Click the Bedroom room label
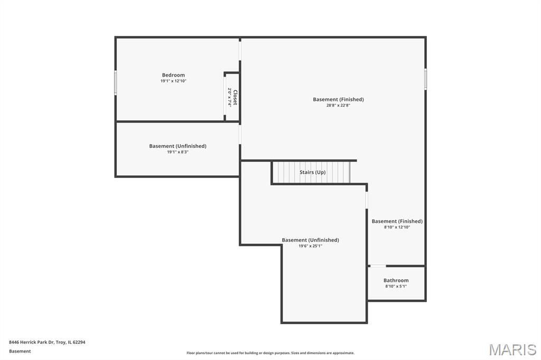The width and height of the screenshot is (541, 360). pos(173,75)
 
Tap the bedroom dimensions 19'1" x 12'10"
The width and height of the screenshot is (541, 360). pos(173,81)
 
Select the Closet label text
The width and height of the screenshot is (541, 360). pos(235,98)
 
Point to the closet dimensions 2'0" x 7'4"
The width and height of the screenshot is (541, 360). pos(229,97)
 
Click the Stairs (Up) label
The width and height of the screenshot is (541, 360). pos(312,172)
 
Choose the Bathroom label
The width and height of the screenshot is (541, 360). pos(396,280)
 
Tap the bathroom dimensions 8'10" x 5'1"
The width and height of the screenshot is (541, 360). pos(396,286)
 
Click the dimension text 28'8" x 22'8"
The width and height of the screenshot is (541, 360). pos(338,106)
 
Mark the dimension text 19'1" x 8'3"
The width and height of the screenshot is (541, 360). pos(178,152)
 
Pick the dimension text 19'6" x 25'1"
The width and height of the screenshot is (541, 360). pos(310,246)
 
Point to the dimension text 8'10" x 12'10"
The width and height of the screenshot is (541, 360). pos(397,227)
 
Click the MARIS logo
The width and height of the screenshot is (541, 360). pos(512,349)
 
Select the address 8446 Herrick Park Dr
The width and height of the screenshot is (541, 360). pos(31,342)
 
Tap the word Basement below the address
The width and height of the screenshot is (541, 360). pos(20,351)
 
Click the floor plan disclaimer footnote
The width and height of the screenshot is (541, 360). pos(270,353)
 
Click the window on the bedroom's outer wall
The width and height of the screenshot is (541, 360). pos(116,82)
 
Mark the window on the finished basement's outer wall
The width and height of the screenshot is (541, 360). pos(425,79)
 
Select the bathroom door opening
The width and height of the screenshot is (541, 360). pos(378,266)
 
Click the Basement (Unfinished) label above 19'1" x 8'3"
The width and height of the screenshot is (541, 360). pos(178,146)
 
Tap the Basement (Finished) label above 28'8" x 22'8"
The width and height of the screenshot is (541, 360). pos(338,100)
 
